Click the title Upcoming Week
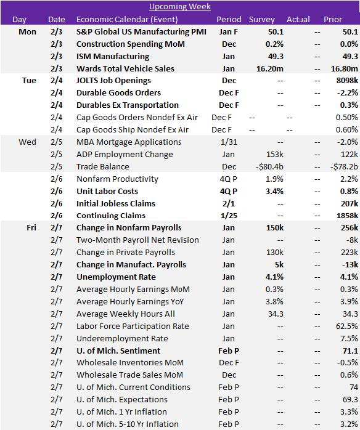coord(180,7)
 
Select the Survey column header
coord(263,19)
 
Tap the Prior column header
coord(333,19)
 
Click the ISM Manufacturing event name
coord(113,56)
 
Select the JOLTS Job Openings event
coord(113,81)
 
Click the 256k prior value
coord(348,228)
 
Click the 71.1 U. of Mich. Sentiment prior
coord(350,351)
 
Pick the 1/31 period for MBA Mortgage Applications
coord(228,142)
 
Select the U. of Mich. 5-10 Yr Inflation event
coord(128,424)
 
